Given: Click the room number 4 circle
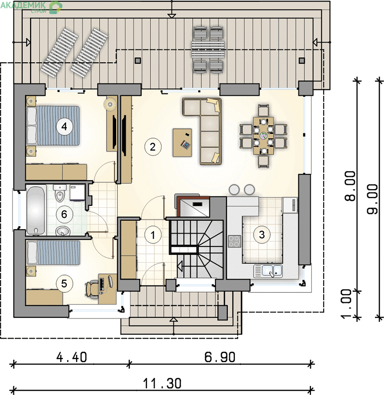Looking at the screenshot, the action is coord(64,126).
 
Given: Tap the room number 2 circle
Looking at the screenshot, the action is coord(153,147).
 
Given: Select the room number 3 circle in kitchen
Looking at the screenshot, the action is coord(262,235).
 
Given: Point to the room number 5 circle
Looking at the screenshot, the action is coord(64,283).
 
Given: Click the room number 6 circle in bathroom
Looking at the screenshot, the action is coord(64,214).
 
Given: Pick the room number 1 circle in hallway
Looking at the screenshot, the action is coord(153,235).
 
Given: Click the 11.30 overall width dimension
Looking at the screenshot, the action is coord(162,384).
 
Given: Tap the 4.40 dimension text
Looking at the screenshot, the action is coord(72,357).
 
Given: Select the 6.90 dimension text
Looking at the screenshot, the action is coord(219,357).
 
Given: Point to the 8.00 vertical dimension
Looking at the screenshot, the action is coord(350,186).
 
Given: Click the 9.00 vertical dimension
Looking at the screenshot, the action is coord(373,199).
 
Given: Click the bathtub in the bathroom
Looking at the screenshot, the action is coord(36,210).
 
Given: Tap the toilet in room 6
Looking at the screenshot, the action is coord(60,194).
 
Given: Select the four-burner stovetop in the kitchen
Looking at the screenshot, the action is coord(234,241).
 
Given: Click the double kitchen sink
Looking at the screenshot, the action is coord(268,271).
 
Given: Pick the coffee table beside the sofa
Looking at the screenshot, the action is coord(182,143).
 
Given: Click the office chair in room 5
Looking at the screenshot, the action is coord(92,289).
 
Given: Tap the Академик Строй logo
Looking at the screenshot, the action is coord(31,7).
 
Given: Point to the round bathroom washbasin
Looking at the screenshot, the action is coord(63,231).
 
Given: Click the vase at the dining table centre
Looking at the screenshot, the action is coord(263,136).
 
